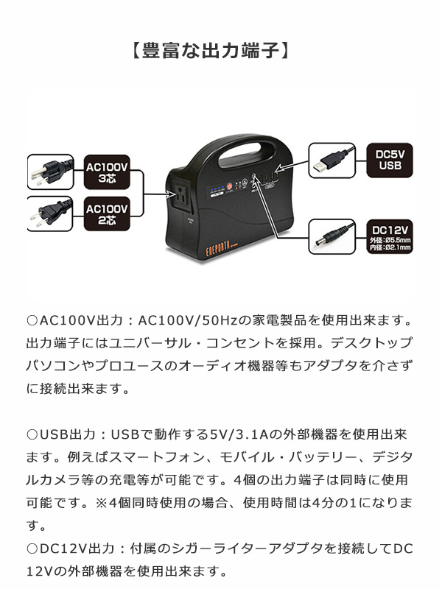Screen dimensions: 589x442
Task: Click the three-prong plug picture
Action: point(50,172)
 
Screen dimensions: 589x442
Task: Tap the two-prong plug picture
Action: point(50,214)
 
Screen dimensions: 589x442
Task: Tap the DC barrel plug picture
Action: point(336,236)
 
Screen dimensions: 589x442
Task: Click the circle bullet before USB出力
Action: point(32,435)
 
